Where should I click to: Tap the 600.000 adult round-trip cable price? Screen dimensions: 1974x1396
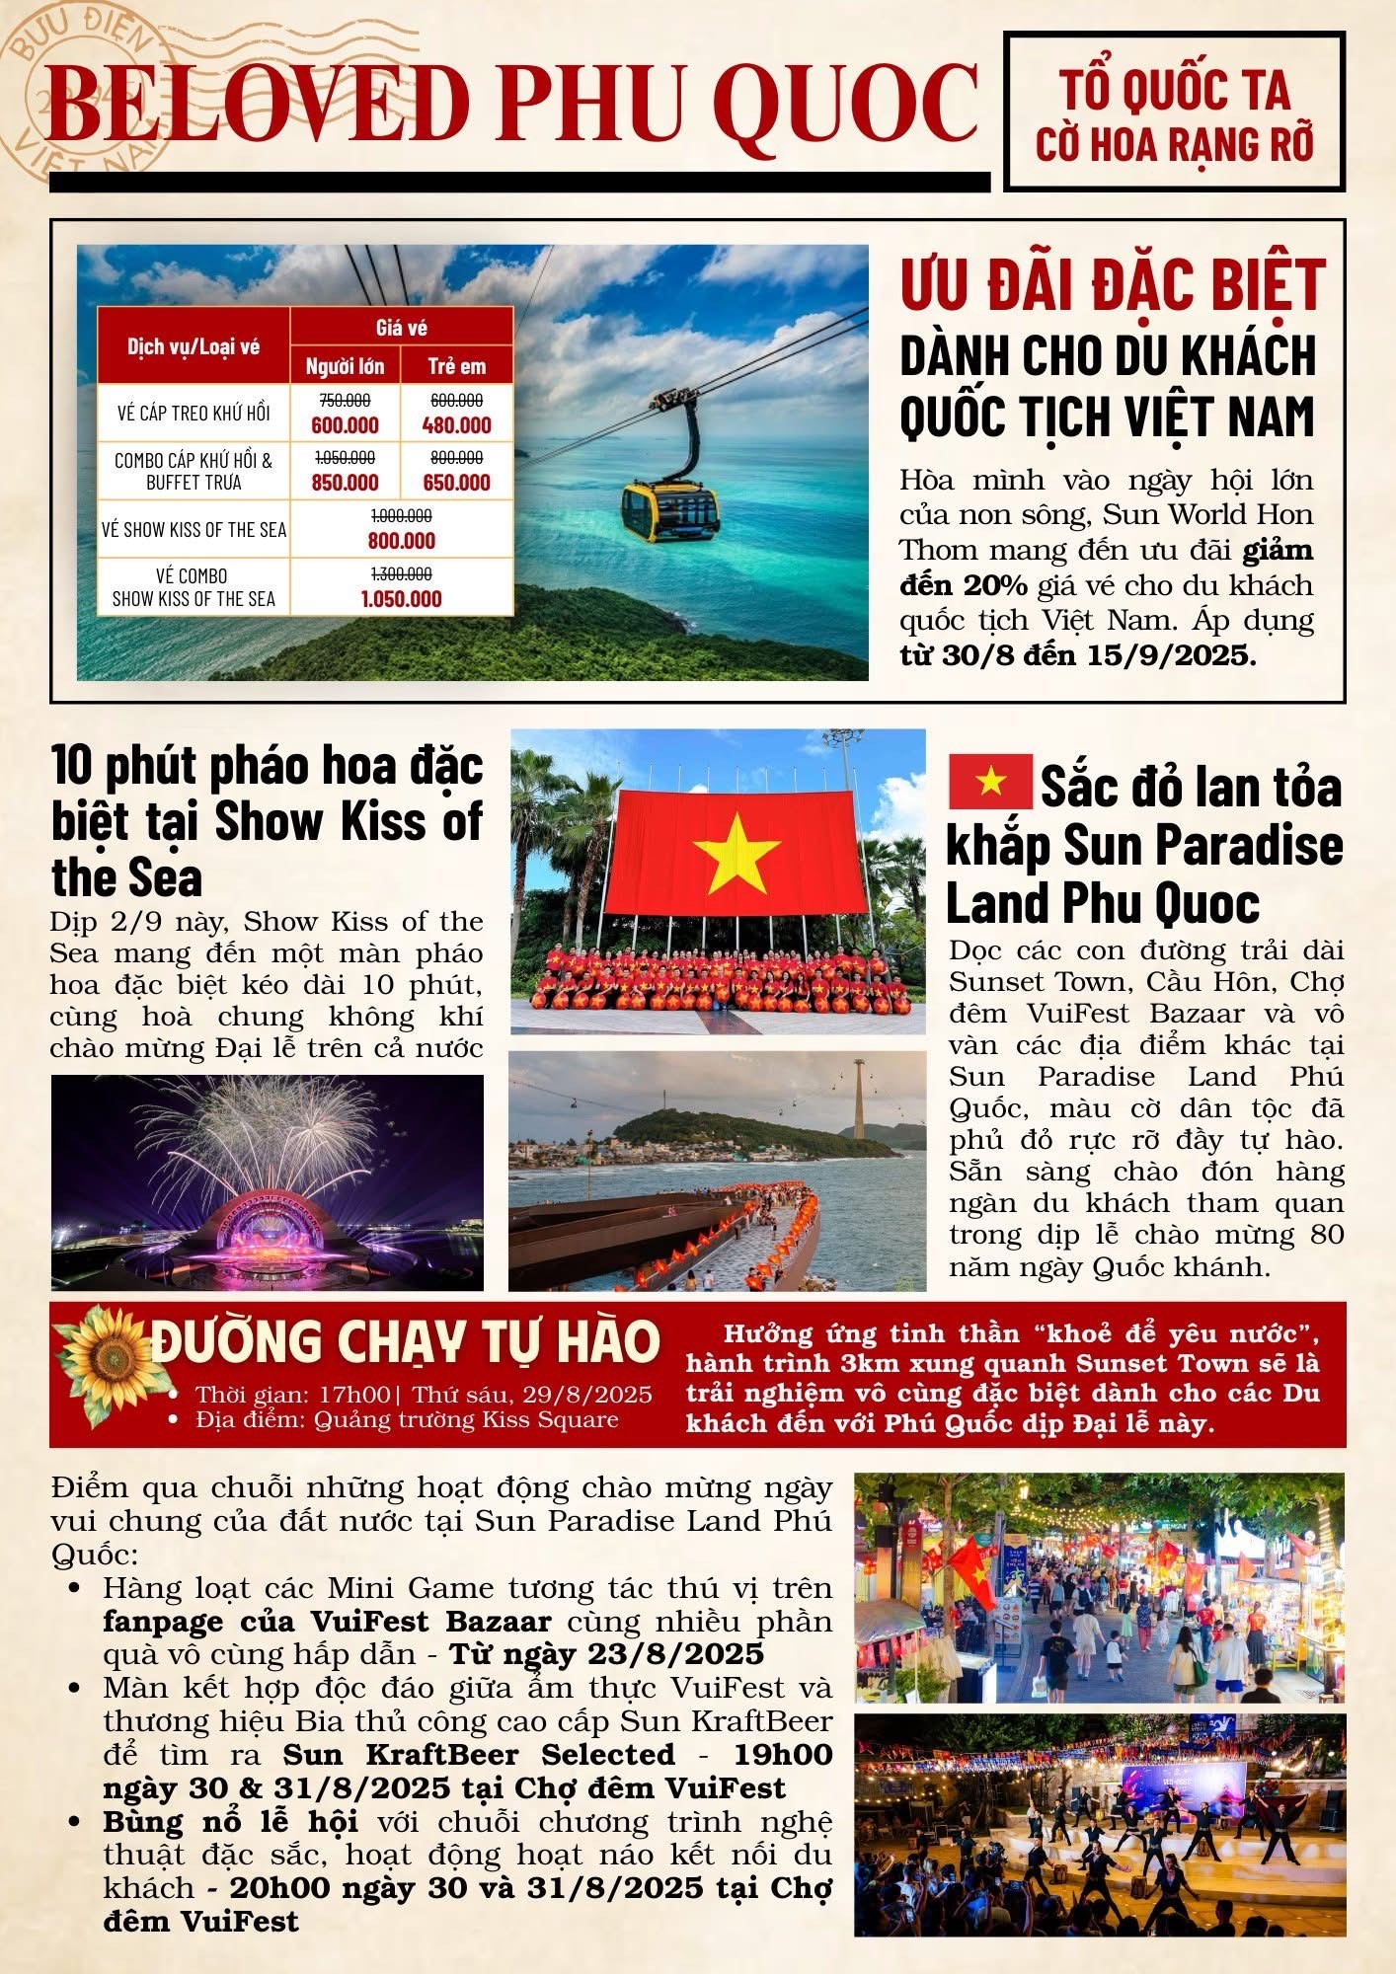tap(345, 425)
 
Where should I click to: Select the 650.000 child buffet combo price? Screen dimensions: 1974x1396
tap(456, 483)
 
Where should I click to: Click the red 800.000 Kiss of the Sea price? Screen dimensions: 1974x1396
tap(401, 541)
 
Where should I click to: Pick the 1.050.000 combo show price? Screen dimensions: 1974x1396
tap(401, 599)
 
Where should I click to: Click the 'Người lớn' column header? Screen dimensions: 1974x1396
tap(345, 367)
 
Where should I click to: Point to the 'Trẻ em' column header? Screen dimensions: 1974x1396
tap(456, 367)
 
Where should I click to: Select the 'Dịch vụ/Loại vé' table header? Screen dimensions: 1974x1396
tap(194, 346)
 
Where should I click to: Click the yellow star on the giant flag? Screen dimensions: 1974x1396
tap(737, 853)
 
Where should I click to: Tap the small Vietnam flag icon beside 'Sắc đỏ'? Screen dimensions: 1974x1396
tap(989, 782)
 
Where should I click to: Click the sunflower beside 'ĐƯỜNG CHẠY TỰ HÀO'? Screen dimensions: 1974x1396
tap(110, 1364)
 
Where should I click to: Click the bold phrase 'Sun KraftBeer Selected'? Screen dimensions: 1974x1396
tap(479, 1754)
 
